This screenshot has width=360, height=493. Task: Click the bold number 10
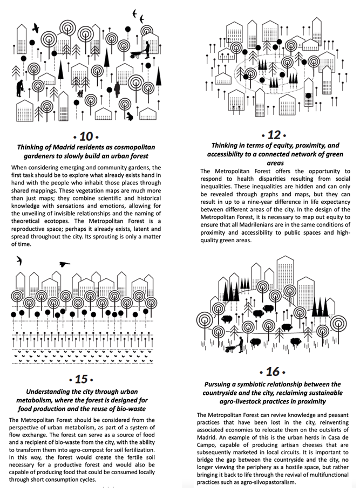[86, 135]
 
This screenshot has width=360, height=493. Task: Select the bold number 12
[273, 134]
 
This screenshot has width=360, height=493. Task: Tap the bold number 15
[82, 379]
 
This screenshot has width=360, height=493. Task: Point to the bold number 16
[273, 372]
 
